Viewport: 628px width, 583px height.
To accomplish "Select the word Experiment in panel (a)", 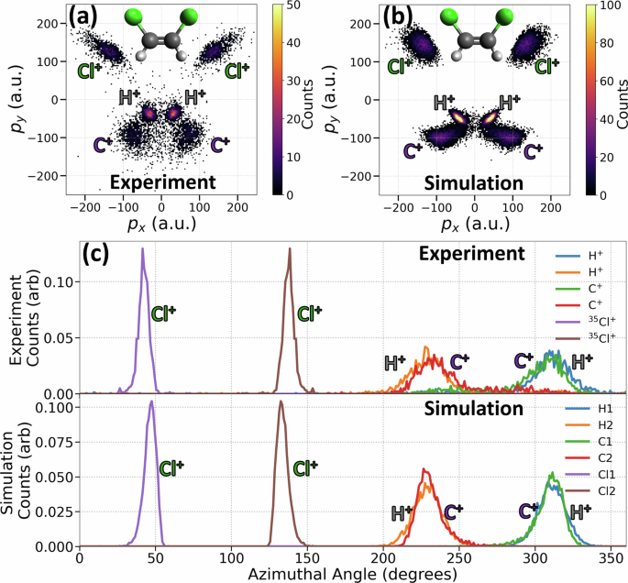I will point(161,181).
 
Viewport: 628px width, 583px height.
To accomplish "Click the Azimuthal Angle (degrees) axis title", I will point(353,572).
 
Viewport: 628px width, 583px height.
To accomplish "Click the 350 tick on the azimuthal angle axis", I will point(608,555).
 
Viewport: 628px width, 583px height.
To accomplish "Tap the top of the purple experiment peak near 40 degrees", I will point(142,248).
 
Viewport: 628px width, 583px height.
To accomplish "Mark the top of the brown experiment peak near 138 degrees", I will point(290,248).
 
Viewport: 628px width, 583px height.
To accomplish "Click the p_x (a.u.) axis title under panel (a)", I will point(161,222).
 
